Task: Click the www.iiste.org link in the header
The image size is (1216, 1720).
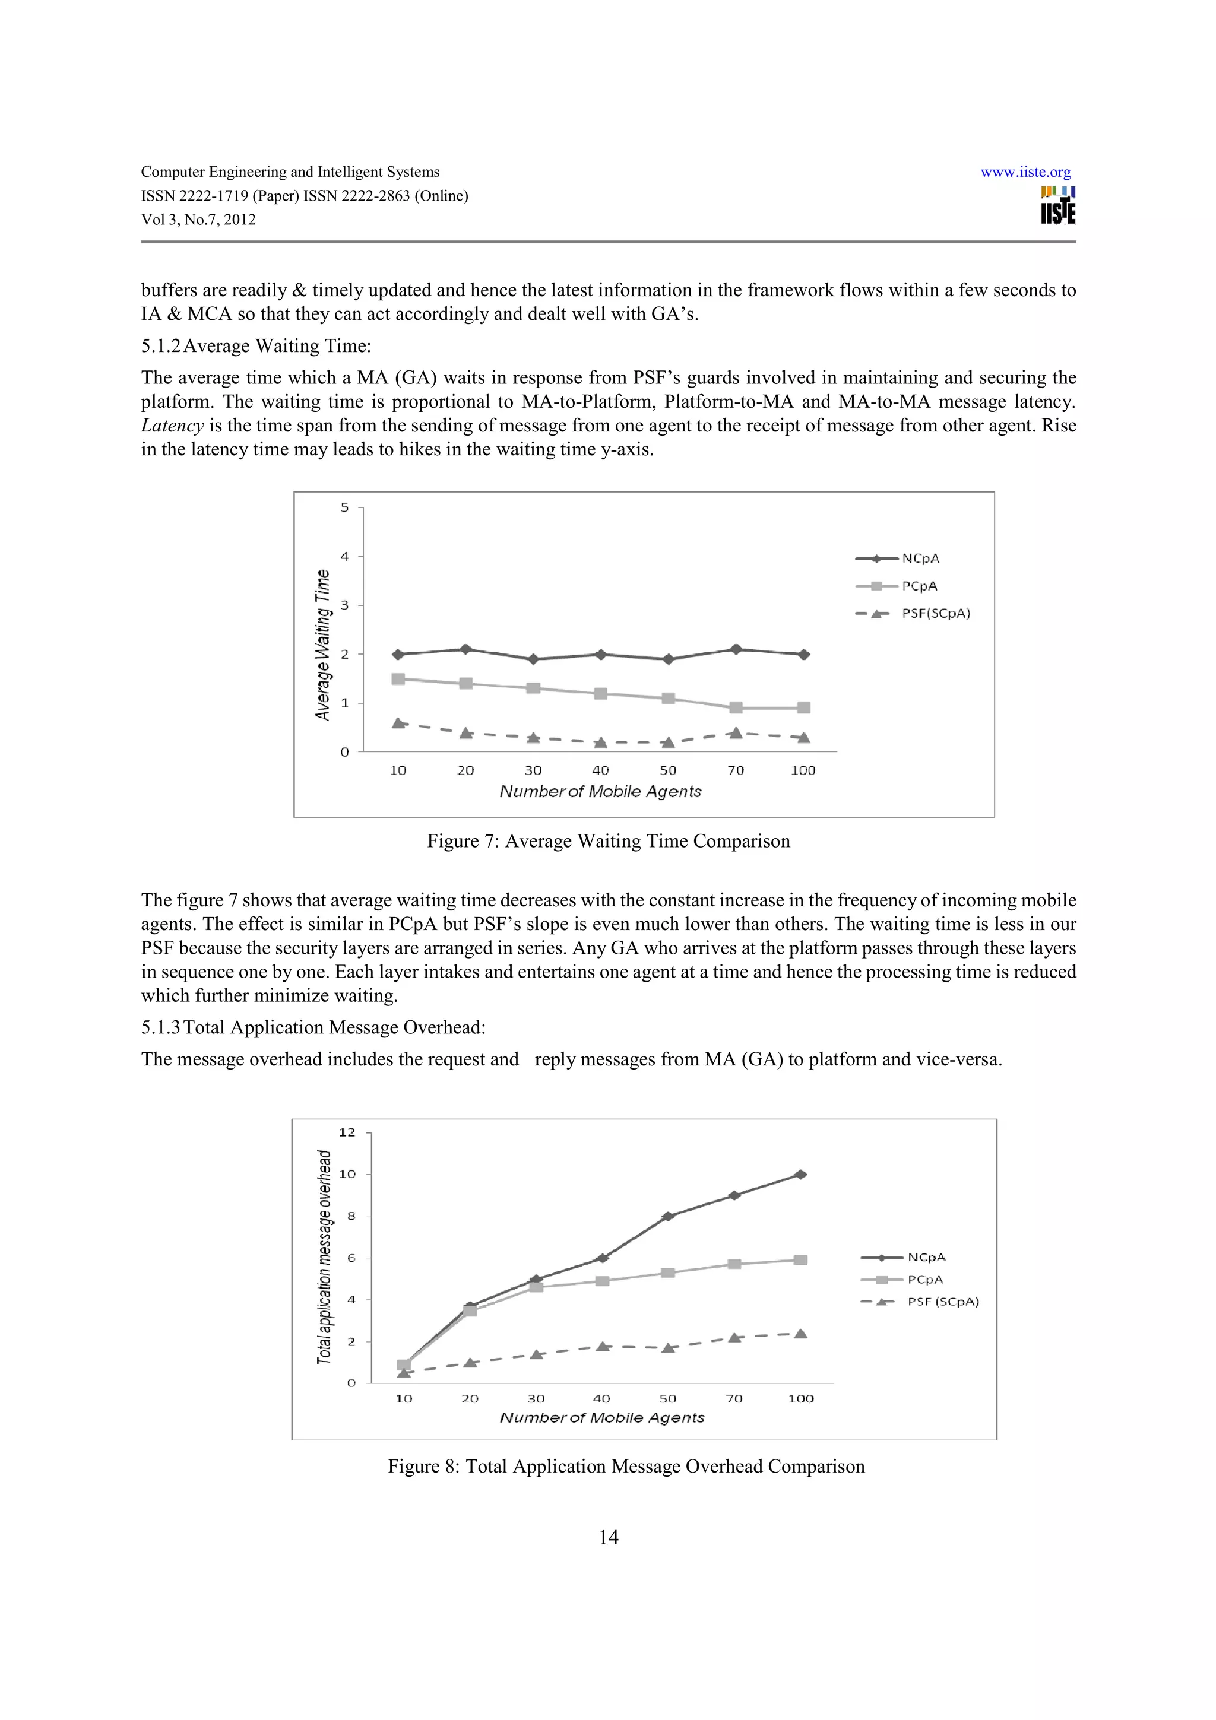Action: click(1025, 172)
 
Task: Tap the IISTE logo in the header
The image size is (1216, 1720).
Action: click(1058, 205)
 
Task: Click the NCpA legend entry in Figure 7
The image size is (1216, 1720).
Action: click(920, 558)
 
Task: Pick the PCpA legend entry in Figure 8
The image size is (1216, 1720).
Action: click(925, 1280)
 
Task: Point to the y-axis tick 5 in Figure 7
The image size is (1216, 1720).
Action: click(344, 508)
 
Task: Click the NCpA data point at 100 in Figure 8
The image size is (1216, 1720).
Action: click(800, 1175)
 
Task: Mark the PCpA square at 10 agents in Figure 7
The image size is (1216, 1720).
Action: click(398, 679)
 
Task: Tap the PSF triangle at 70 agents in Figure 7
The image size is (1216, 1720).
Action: click(736, 732)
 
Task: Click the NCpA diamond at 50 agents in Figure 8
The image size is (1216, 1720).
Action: click(667, 1217)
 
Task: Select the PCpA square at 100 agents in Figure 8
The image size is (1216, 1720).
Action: click(800, 1260)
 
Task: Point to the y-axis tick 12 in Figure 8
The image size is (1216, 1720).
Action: click(347, 1132)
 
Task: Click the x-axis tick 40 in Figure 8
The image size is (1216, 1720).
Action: click(601, 1399)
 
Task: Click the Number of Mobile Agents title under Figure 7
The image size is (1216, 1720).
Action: click(600, 792)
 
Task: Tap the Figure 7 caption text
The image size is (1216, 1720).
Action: click(609, 841)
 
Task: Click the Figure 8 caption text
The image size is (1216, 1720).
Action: click(626, 1466)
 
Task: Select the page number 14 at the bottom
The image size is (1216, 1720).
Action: click(609, 1537)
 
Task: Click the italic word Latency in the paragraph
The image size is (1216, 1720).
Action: click(172, 426)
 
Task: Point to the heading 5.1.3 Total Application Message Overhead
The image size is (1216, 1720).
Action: click(313, 1027)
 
